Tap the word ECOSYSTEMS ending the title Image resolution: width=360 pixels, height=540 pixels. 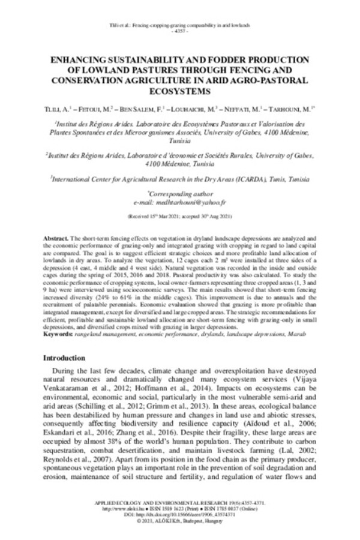180,92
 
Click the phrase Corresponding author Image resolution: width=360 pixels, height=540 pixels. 180,194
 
